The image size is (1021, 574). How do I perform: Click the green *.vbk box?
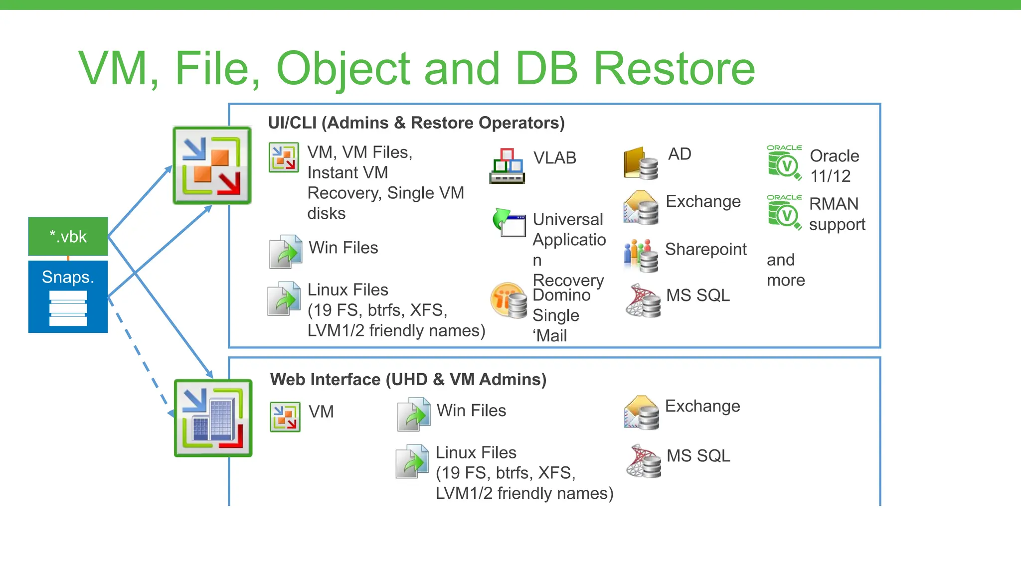tap(68, 236)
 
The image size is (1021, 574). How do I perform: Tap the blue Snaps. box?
tap(68, 296)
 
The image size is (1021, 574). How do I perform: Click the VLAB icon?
tap(507, 166)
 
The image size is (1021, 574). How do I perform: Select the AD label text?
tap(680, 154)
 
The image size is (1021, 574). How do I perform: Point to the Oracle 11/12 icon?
tap(784, 162)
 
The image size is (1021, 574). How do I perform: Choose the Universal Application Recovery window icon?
tap(509, 223)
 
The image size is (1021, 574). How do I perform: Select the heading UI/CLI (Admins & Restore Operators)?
tap(416, 123)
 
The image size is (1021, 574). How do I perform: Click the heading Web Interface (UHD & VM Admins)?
tap(408, 379)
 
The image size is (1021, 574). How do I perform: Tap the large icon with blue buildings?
tap(213, 418)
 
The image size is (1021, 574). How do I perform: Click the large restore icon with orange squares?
tap(212, 165)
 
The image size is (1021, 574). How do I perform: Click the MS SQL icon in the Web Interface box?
tap(644, 461)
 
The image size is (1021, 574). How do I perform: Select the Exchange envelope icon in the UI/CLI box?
tap(641, 207)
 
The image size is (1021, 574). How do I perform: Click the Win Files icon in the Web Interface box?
tap(414, 414)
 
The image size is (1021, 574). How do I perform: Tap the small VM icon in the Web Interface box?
tap(285, 417)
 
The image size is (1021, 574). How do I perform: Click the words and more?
tap(786, 270)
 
